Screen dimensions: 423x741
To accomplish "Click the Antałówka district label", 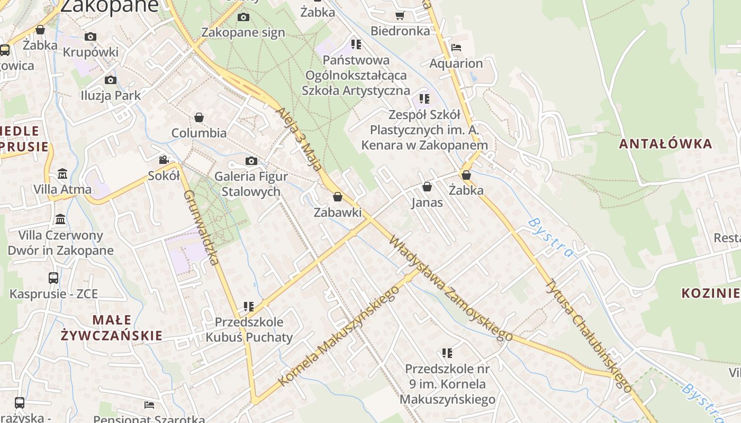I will pyautogui.click(x=665, y=143).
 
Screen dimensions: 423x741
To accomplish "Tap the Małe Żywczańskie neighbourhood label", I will pyautogui.click(x=111, y=327).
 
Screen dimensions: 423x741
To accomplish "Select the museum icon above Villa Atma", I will pyautogui.click(x=62, y=173).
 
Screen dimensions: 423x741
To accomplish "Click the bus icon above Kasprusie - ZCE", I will pyautogui.click(x=53, y=278).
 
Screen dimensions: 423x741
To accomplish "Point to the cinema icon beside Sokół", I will pyautogui.click(x=164, y=160).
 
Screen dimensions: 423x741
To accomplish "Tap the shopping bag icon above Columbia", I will pyautogui.click(x=199, y=117).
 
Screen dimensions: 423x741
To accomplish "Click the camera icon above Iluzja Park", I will pyautogui.click(x=110, y=80).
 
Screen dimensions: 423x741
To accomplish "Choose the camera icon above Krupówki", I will pyautogui.click(x=91, y=36).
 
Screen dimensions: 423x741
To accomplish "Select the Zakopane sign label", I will pyautogui.click(x=243, y=32).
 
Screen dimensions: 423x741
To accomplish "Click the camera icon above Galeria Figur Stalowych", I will pyautogui.click(x=251, y=161).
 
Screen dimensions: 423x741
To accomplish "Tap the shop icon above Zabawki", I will pyautogui.click(x=338, y=197).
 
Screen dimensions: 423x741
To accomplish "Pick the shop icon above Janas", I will pyautogui.click(x=427, y=187).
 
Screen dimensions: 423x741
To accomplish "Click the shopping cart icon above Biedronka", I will pyautogui.click(x=400, y=15).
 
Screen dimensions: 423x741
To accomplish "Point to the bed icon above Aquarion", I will pyautogui.click(x=456, y=48).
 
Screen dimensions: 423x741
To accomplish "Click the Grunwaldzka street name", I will pyautogui.click(x=201, y=227).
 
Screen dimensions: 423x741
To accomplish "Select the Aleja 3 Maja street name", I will pyautogui.click(x=299, y=139).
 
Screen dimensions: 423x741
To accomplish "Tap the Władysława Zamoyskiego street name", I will pyautogui.click(x=450, y=288).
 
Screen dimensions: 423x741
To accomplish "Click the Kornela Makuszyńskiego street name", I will pyautogui.click(x=339, y=336).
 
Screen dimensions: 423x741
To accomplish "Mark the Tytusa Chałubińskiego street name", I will pyautogui.click(x=588, y=335).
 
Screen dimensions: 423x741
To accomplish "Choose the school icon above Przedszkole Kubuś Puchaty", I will pyautogui.click(x=249, y=306).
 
